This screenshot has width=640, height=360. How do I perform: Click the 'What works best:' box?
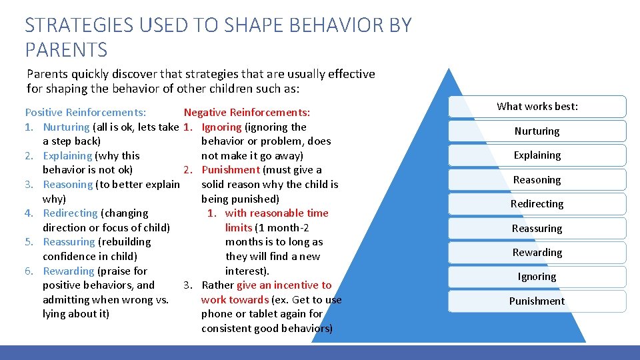coord(537,107)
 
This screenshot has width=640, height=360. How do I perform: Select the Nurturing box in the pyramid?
coord(537,131)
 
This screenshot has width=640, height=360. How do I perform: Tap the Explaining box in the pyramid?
coord(537,155)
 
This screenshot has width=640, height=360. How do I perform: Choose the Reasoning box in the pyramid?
coord(537,180)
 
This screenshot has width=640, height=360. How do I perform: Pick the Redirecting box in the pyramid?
coord(537,204)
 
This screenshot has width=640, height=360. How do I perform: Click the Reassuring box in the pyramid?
coord(537,229)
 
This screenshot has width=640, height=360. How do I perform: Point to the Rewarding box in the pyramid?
coord(537,253)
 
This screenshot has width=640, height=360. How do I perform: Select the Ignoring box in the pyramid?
coord(537,277)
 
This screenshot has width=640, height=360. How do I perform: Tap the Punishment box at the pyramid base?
coord(537,301)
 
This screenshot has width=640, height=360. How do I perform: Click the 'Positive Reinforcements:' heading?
coord(85,113)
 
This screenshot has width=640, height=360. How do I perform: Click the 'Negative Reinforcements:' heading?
coord(247,113)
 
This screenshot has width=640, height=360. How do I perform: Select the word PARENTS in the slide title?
coord(66,49)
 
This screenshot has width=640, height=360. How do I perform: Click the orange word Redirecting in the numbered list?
coord(70,213)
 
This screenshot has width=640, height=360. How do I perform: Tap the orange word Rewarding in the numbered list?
coord(69,271)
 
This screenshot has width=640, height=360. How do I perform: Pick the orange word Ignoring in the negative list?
coord(221,127)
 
